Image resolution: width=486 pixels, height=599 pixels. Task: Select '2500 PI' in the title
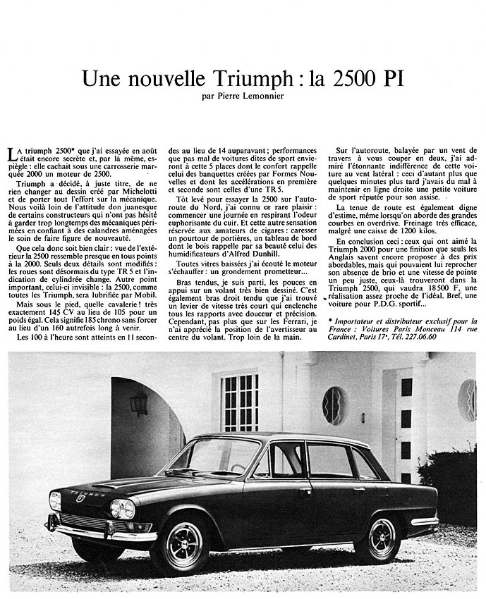[x=359, y=78]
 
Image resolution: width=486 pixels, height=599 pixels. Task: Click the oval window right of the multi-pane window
[x=334, y=405]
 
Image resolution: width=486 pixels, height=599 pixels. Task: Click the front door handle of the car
[x=305, y=491]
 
